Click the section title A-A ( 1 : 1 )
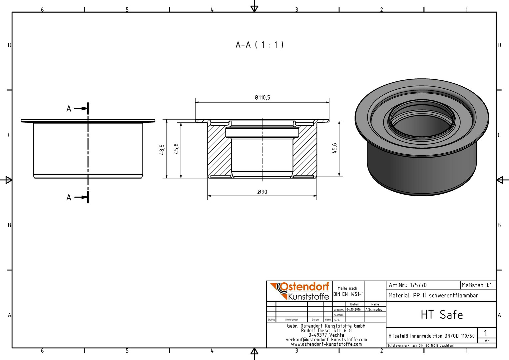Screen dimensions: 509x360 click(x=259, y=45)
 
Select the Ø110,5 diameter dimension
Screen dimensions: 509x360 click(x=262, y=98)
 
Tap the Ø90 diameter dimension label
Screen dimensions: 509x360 click(x=262, y=192)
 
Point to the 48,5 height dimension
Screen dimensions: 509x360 click(x=162, y=149)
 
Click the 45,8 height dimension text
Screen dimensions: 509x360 click(x=176, y=149)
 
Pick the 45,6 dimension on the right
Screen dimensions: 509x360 click(x=334, y=148)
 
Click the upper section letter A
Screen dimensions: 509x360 click(x=69, y=109)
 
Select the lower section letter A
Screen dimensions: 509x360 click(x=69, y=197)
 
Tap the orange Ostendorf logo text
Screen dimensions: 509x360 click(x=304, y=287)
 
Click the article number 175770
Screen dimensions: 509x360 click(x=418, y=285)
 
